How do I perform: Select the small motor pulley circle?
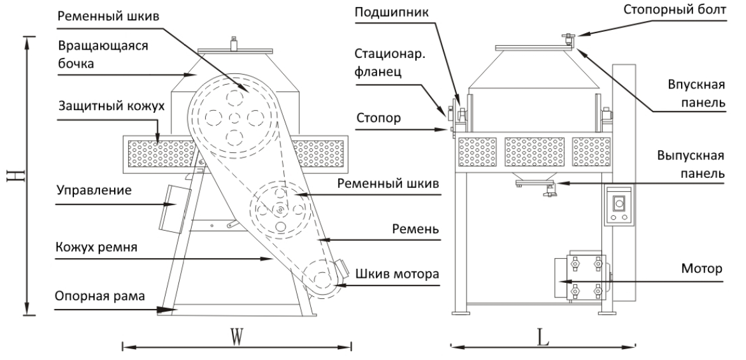(x=320, y=279)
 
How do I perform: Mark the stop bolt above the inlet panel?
(x=566, y=40)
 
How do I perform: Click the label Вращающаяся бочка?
(x=93, y=55)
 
